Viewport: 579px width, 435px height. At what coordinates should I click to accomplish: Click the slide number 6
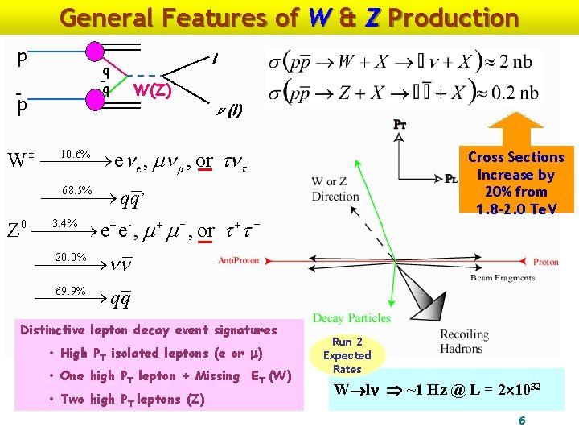point(522,420)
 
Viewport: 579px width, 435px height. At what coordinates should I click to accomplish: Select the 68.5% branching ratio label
point(77,191)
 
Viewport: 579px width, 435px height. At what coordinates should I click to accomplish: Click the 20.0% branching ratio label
point(71,257)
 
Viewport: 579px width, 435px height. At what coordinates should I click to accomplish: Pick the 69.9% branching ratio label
point(71,291)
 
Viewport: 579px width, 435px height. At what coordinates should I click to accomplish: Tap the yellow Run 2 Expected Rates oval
point(347,355)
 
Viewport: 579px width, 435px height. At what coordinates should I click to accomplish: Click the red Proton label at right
point(545,262)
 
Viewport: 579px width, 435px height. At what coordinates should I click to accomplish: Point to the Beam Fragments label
point(503,278)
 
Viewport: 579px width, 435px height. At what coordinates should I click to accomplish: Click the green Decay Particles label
point(351,318)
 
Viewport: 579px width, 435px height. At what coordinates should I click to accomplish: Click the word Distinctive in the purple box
point(59,329)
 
